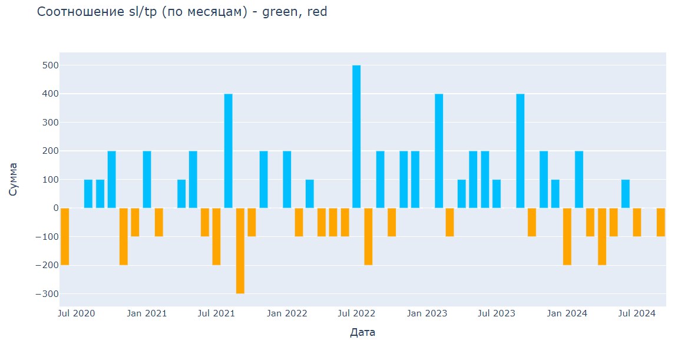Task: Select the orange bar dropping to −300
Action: click(240, 250)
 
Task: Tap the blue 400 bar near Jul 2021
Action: click(229, 151)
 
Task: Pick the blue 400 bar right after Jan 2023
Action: click(439, 151)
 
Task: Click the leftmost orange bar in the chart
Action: click(65, 236)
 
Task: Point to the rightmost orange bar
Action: click(661, 222)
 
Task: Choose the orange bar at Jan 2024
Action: click(567, 236)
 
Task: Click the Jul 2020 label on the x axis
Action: click(77, 313)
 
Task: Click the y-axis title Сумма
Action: click(14, 180)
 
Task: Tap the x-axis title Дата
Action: click(363, 333)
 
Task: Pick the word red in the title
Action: click(317, 11)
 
